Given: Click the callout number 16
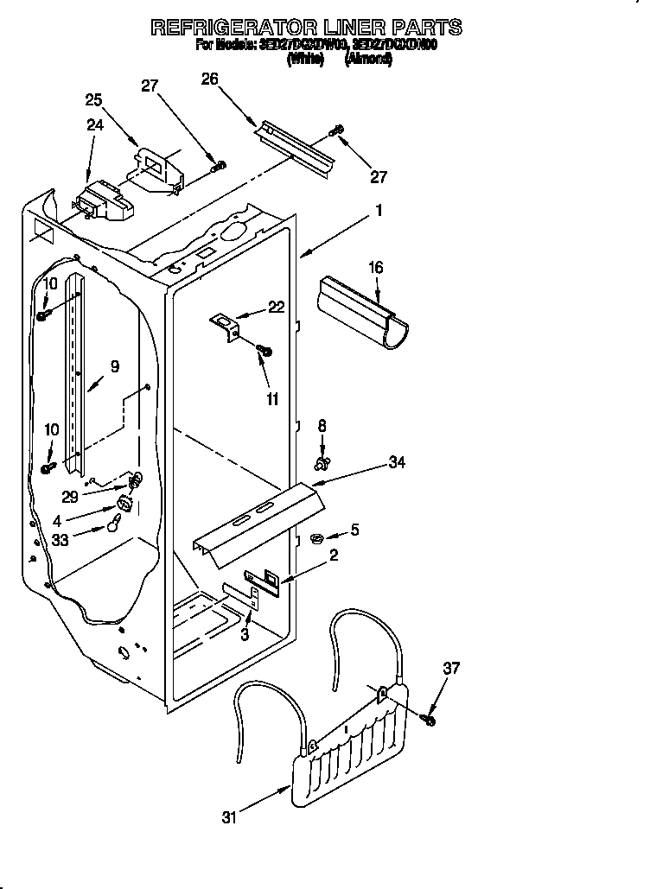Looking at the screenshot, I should click(x=377, y=269).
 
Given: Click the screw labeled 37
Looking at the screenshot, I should click(x=430, y=719).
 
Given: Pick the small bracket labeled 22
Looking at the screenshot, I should click(x=226, y=326).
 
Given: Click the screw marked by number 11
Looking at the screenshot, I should click(x=265, y=350).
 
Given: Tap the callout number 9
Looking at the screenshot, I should click(x=115, y=365).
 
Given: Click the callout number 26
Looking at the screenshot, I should click(x=209, y=79).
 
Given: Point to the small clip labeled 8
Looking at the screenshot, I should click(x=323, y=465).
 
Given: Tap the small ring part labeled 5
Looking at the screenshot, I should click(x=316, y=539).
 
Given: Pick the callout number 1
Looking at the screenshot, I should click(x=379, y=210).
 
